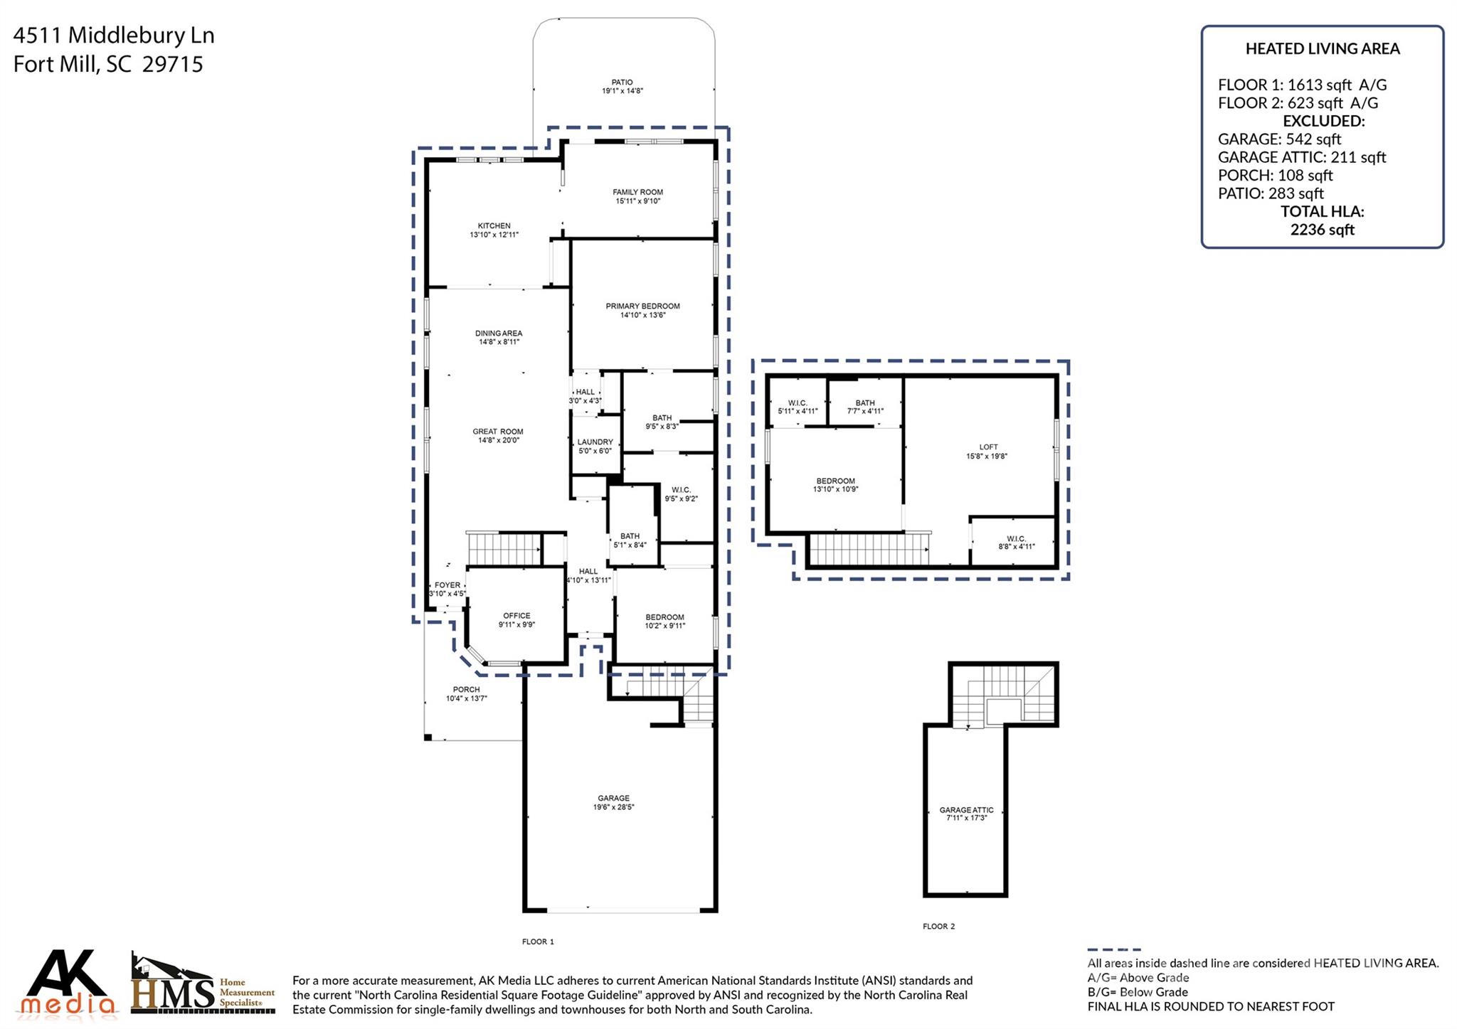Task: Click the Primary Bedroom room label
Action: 642,306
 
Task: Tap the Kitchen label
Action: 494,226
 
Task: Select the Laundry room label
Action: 595,442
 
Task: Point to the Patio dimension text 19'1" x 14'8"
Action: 622,91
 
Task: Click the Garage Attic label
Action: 966,810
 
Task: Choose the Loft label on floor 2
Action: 988,447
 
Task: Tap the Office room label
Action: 516,616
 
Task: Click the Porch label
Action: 466,689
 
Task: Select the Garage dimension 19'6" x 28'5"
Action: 613,807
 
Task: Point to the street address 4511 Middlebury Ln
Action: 114,36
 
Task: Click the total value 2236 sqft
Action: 1322,230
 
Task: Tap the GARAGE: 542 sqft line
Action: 1279,139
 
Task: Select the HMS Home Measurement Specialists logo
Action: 203,984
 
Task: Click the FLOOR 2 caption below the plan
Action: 938,927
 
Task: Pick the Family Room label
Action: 637,192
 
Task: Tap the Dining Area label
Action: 499,334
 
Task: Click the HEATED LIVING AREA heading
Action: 1322,49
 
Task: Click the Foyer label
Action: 447,585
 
